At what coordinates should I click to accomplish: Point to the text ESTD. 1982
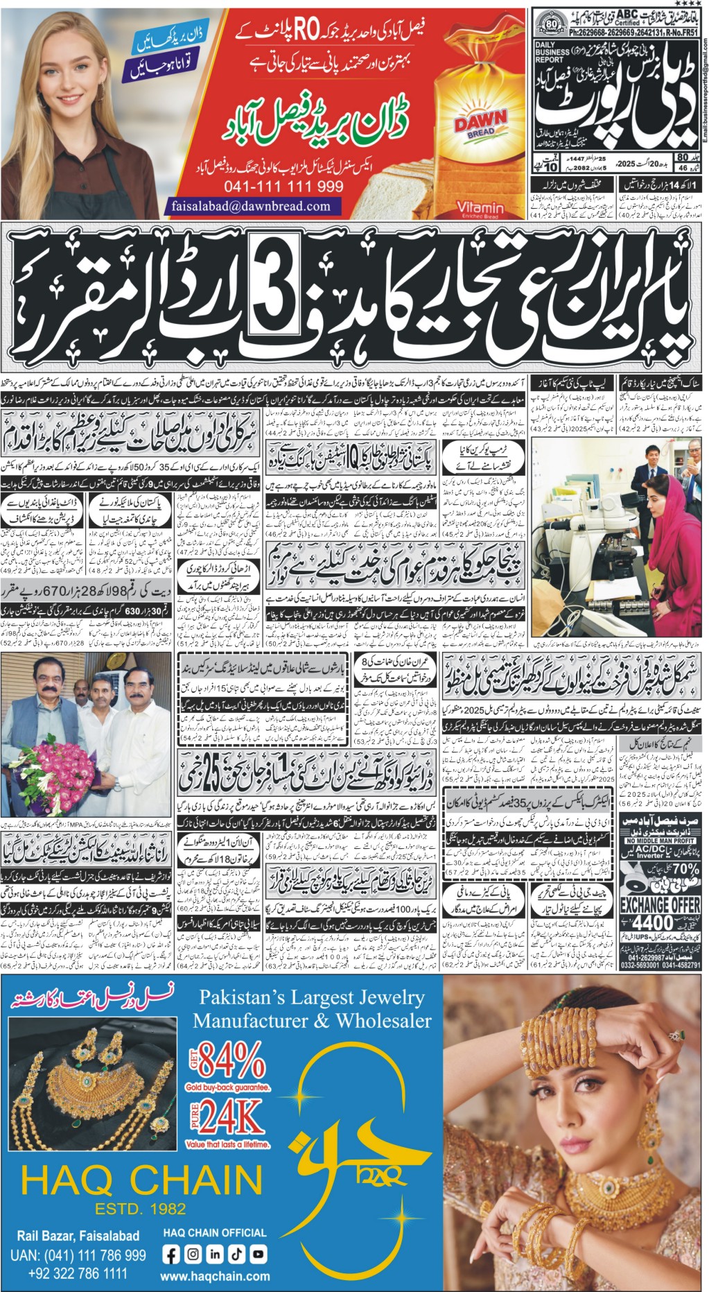pyautogui.click(x=141, y=1209)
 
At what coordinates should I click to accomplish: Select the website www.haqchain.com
pyautogui.click(x=215, y=1276)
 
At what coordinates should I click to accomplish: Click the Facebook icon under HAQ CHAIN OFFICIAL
pyautogui.click(x=171, y=1254)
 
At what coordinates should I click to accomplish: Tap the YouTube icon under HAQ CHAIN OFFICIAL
pyautogui.click(x=258, y=1254)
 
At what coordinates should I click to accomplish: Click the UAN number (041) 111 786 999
pyautogui.click(x=78, y=1255)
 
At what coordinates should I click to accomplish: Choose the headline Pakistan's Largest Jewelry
pyautogui.click(x=312, y=998)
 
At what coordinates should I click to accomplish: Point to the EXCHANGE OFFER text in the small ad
pyautogui.click(x=659, y=904)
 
